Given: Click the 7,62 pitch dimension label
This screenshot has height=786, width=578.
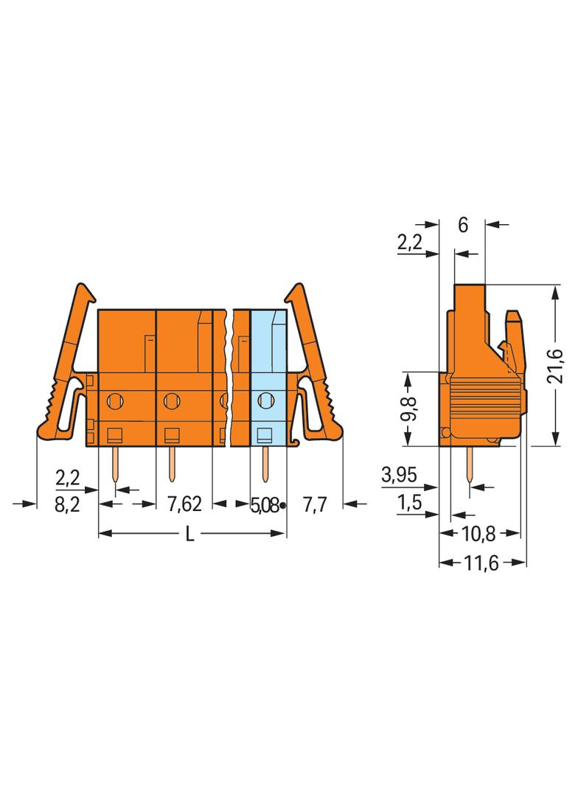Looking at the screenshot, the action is (184, 504).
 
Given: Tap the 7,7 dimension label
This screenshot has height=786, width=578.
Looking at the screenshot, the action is (315, 504).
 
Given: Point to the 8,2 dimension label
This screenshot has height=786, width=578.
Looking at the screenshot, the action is (67, 504).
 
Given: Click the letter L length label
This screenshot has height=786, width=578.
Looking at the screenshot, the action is (189, 535).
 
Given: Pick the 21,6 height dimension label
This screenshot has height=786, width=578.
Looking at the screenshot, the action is (555, 366).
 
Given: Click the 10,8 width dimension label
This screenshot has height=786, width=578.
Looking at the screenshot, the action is (478, 535).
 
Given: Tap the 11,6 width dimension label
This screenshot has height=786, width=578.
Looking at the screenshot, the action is (481, 563).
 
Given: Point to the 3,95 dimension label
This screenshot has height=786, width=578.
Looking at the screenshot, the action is (399, 473).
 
